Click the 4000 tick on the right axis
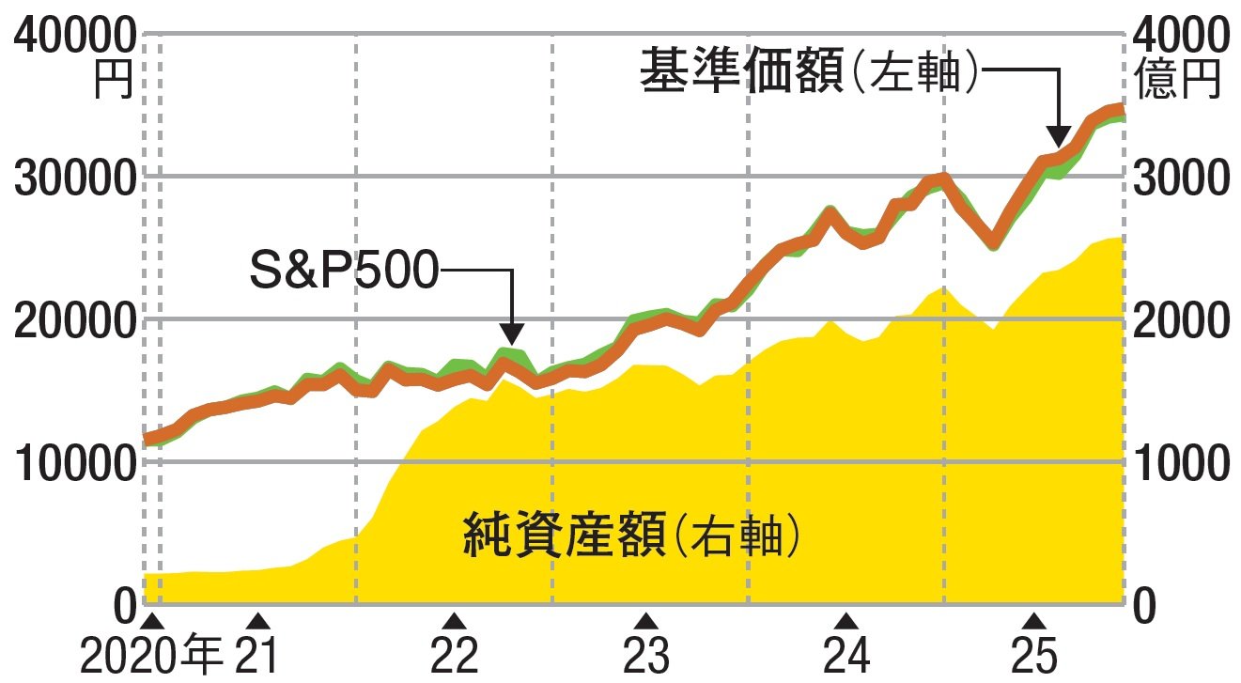click(1179, 37)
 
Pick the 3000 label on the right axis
click(1179, 179)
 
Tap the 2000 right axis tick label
click(1179, 321)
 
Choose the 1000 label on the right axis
click(1179, 463)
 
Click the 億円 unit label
click(1179, 79)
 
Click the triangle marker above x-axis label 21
click(263, 621)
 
